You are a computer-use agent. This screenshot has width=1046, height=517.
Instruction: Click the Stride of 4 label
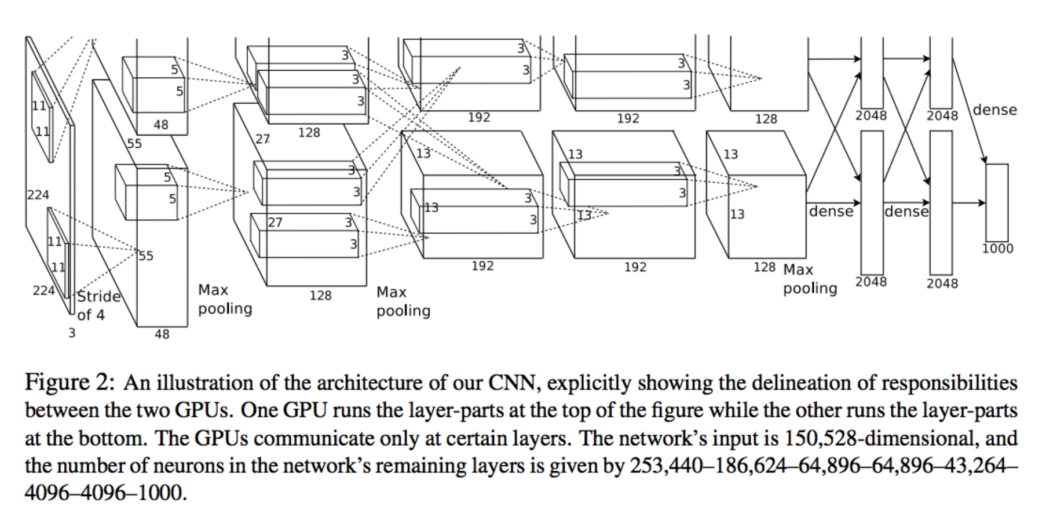[x=98, y=305]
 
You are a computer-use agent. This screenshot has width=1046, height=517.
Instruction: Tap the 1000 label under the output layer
[x=997, y=249]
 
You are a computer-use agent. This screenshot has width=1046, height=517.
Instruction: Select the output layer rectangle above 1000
[x=997, y=202]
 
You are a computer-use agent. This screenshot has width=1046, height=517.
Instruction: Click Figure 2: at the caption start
[x=69, y=383]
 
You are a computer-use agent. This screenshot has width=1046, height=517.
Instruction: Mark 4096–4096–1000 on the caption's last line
[x=104, y=493]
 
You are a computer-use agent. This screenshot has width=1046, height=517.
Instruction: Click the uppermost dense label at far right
[x=994, y=110]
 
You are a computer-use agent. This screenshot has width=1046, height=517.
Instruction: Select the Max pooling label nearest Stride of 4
[x=225, y=299]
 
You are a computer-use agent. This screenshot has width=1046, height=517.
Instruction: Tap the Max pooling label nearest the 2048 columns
[x=810, y=279]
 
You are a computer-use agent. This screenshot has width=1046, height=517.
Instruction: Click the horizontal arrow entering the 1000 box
[x=968, y=203]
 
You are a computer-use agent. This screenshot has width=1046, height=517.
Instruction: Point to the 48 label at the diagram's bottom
[x=162, y=334]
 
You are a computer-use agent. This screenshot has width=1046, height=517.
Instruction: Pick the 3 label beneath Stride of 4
[x=72, y=333]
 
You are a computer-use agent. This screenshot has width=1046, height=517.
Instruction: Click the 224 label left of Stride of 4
[x=43, y=290]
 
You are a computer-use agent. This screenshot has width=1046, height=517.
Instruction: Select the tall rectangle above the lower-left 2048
[x=872, y=202]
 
